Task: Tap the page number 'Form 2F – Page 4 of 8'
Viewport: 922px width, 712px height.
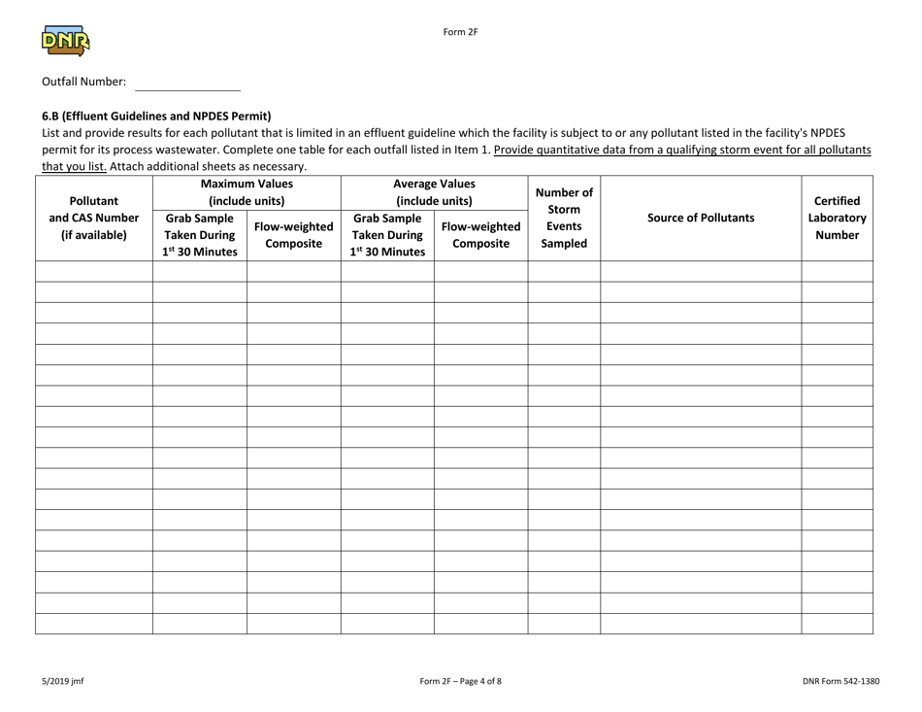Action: [x=460, y=681]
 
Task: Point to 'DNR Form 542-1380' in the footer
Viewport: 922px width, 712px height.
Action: [x=841, y=681]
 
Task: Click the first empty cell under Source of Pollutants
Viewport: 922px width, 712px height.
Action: [x=700, y=271]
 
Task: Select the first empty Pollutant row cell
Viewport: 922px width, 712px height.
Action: [x=93, y=271]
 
